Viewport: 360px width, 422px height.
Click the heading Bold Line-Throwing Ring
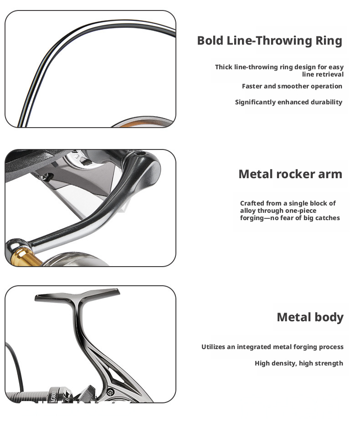coord(270,41)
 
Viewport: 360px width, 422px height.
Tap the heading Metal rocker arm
coord(290,174)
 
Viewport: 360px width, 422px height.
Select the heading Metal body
coord(310,317)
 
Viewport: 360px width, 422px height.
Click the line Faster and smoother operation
coord(292,86)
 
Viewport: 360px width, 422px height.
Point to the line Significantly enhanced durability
coord(288,102)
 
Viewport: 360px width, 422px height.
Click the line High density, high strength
coord(299,363)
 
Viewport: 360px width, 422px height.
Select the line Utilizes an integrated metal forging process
coord(273,347)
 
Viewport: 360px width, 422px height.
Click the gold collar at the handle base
coord(25,257)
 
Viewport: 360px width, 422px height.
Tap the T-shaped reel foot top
coord(77,295)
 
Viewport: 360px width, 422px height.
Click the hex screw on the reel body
coord(110,392)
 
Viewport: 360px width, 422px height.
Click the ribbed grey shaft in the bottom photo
coord(27,396)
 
